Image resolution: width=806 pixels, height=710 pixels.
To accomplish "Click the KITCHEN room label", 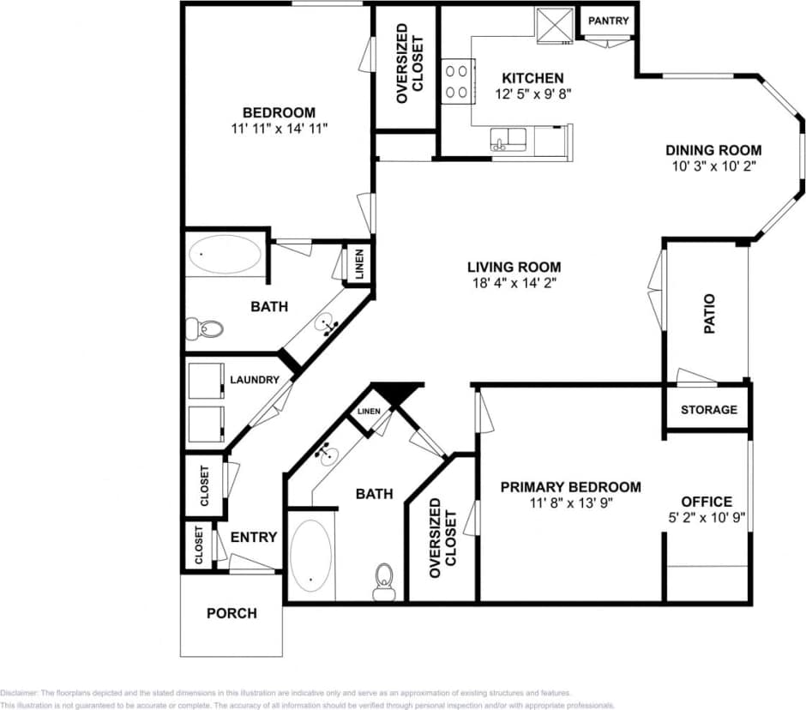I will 532,78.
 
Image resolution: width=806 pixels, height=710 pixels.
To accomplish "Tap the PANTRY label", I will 609,21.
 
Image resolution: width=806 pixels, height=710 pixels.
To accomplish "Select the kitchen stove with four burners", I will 459,81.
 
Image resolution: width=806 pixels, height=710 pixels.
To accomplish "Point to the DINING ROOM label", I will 713,150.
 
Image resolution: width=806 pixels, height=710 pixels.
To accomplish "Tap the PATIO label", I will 709,314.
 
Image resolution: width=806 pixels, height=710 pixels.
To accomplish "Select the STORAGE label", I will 708,409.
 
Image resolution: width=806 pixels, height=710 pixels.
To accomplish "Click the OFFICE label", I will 706,502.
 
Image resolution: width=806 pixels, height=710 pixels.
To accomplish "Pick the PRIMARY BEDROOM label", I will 570,487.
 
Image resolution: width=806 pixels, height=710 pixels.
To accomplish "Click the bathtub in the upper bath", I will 226,255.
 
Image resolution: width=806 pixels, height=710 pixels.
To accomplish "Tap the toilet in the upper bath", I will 205,328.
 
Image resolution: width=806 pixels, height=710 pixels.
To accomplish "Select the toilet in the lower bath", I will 383,580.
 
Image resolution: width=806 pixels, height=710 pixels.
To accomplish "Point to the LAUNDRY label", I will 254,380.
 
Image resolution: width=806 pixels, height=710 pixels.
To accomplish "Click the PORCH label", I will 232,613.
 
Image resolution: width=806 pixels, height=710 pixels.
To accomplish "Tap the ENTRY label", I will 254,537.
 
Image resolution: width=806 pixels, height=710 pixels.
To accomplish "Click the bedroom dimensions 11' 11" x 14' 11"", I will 280,128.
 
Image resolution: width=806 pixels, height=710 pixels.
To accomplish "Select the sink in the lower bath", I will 327,454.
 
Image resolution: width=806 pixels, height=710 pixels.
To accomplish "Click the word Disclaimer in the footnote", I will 19,693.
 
